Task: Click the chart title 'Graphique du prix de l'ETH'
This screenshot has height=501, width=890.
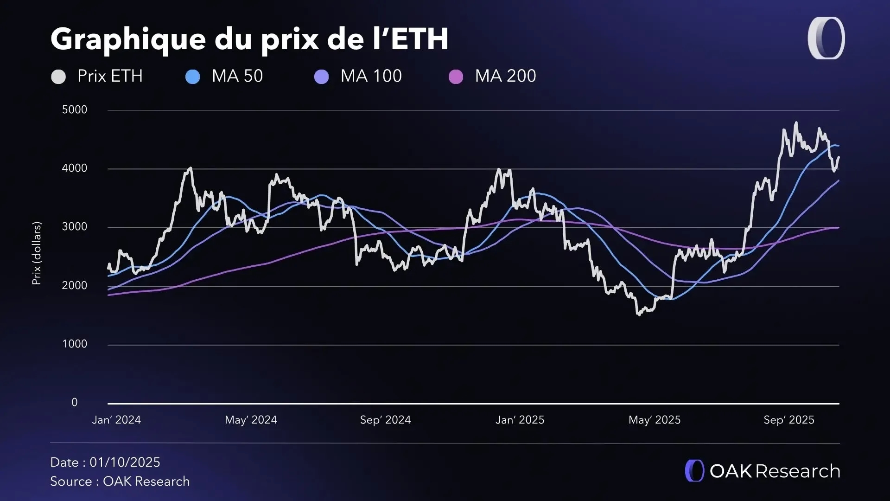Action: point(249,39)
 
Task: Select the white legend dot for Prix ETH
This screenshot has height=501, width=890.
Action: point(58,77)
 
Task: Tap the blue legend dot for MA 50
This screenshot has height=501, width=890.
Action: point(192,77)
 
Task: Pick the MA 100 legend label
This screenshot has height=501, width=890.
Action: point(371,76)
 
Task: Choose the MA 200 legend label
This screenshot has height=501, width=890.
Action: point(505,76)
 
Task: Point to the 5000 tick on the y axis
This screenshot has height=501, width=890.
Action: point(75,110)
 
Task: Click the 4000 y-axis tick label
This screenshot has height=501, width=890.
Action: point(75,168)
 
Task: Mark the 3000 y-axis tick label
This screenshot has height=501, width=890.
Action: point(75,227)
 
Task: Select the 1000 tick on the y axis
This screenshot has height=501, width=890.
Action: point(75,344)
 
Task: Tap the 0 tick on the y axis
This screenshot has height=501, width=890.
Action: point(75,402)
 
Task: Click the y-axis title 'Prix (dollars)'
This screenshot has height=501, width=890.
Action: point(37,253)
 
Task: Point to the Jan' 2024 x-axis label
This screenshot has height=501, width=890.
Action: point(116,420)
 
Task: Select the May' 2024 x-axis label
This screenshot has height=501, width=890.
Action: point(251,420)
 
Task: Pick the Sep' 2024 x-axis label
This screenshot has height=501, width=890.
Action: point(385,420)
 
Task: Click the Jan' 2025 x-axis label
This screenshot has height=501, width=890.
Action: point(520,420)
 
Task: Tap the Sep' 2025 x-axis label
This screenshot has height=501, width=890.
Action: point(789,420)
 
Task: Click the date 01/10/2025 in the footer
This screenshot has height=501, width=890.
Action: point(125,462)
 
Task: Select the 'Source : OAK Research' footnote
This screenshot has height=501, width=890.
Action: point(120,482)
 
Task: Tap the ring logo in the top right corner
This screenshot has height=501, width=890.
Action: point(826,39)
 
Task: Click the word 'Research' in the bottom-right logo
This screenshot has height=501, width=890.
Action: point(798,471)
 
